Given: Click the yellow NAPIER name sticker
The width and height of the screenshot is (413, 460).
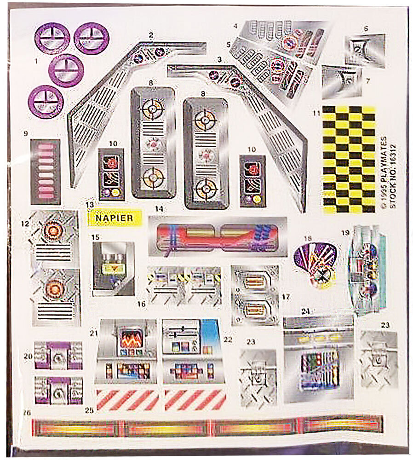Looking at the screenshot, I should pyautogui.click(x=115, y=218).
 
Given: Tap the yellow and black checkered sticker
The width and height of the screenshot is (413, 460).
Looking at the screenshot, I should pyautogui.click(x=349, y=160).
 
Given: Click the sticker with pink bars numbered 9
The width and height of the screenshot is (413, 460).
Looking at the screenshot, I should pyautogui.click(x=45, y=172).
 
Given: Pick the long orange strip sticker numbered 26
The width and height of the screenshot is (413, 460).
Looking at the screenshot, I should pyautogui.click(x=207, y=425).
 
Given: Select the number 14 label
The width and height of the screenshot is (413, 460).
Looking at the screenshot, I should pyautogui.click(x=159, y=209).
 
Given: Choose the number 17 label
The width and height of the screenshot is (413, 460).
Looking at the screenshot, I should pyautogui.click(x=287, y=297).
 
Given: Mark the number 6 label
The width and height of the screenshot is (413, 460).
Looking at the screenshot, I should pyautogui.click(x=366, y=29).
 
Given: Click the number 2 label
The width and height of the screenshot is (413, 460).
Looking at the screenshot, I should pyautogui.click(x=150, y=34).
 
